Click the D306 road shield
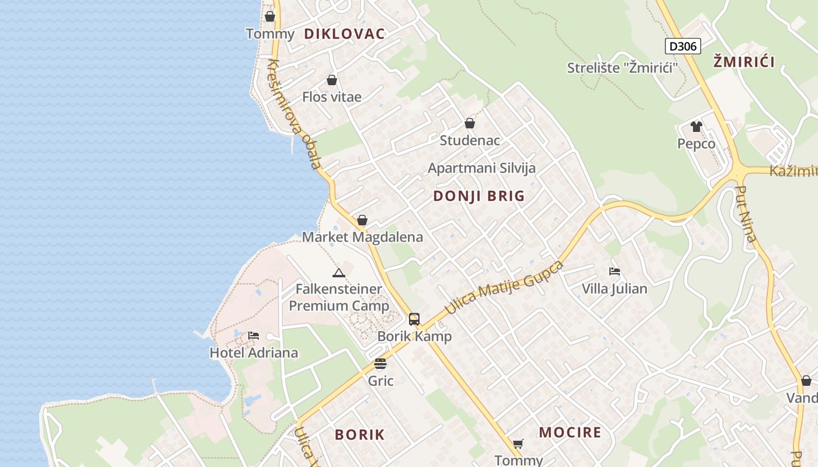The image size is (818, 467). (682, 46)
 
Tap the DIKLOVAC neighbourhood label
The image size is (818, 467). (344, 34)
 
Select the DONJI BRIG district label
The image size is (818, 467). (479, 196)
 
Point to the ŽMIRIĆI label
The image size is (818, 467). (744, 62)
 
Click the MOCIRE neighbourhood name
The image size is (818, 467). (570, 433)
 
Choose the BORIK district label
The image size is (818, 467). (360, 434)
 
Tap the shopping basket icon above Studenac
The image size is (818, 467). (470, 124)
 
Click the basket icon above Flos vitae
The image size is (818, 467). (332, 80)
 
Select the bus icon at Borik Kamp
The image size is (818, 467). (414, 319)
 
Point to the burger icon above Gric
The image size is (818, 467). (380, 364)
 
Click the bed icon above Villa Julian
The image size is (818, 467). (614, 271)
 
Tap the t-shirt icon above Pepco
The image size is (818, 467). (696, 127)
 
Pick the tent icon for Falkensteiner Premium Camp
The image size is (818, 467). (339, 273)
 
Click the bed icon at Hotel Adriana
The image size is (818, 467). (254, 336)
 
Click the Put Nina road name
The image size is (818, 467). (747, 214)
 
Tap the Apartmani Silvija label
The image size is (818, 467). (481, 168)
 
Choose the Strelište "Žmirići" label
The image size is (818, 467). (622, 68)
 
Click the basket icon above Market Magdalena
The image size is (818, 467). (362, 220)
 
